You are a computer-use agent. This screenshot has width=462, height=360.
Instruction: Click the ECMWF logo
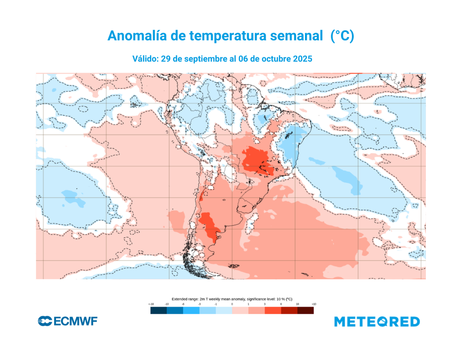(68, 322)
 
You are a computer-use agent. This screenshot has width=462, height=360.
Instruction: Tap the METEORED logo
(377, 322)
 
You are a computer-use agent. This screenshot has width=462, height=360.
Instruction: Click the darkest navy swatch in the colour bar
(158, 311)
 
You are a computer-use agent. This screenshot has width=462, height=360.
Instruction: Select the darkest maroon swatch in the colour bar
(305, 311)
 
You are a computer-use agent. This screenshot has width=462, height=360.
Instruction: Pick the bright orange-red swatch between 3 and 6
(273, 311)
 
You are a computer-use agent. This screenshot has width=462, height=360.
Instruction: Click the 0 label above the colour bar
(232, 305)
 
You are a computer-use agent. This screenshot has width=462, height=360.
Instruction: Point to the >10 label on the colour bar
(314, 305)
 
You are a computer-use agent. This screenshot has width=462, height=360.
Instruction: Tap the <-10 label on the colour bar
(151, 305)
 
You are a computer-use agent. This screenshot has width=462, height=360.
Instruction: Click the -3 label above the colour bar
(199, 305)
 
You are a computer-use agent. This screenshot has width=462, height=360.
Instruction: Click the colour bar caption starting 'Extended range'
(232, 299)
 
